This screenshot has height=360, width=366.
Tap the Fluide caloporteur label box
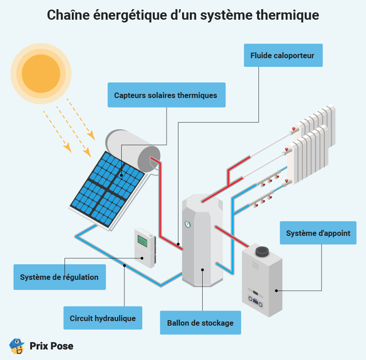(x=283, y=55)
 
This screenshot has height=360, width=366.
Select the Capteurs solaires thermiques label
(x=166, y=95)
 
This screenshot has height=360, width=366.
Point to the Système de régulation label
(x=59, y=277)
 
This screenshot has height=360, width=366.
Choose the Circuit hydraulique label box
(x=103, y=318)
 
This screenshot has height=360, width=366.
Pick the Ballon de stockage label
(x=200, y=323)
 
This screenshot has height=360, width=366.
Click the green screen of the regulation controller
(x=142, y=240)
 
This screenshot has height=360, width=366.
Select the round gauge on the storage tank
(x=188, y=224)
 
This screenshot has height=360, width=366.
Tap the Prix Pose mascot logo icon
(x=17, y=346)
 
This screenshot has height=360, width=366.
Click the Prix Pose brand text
(x=51, y=346)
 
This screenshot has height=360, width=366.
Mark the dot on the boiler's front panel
(x=276, y=290)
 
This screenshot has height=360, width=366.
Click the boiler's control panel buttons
(x=255, y=300)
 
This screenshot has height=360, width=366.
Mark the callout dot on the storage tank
(x=202, y=270)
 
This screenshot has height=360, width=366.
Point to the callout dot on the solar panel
(x=121, y=175)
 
